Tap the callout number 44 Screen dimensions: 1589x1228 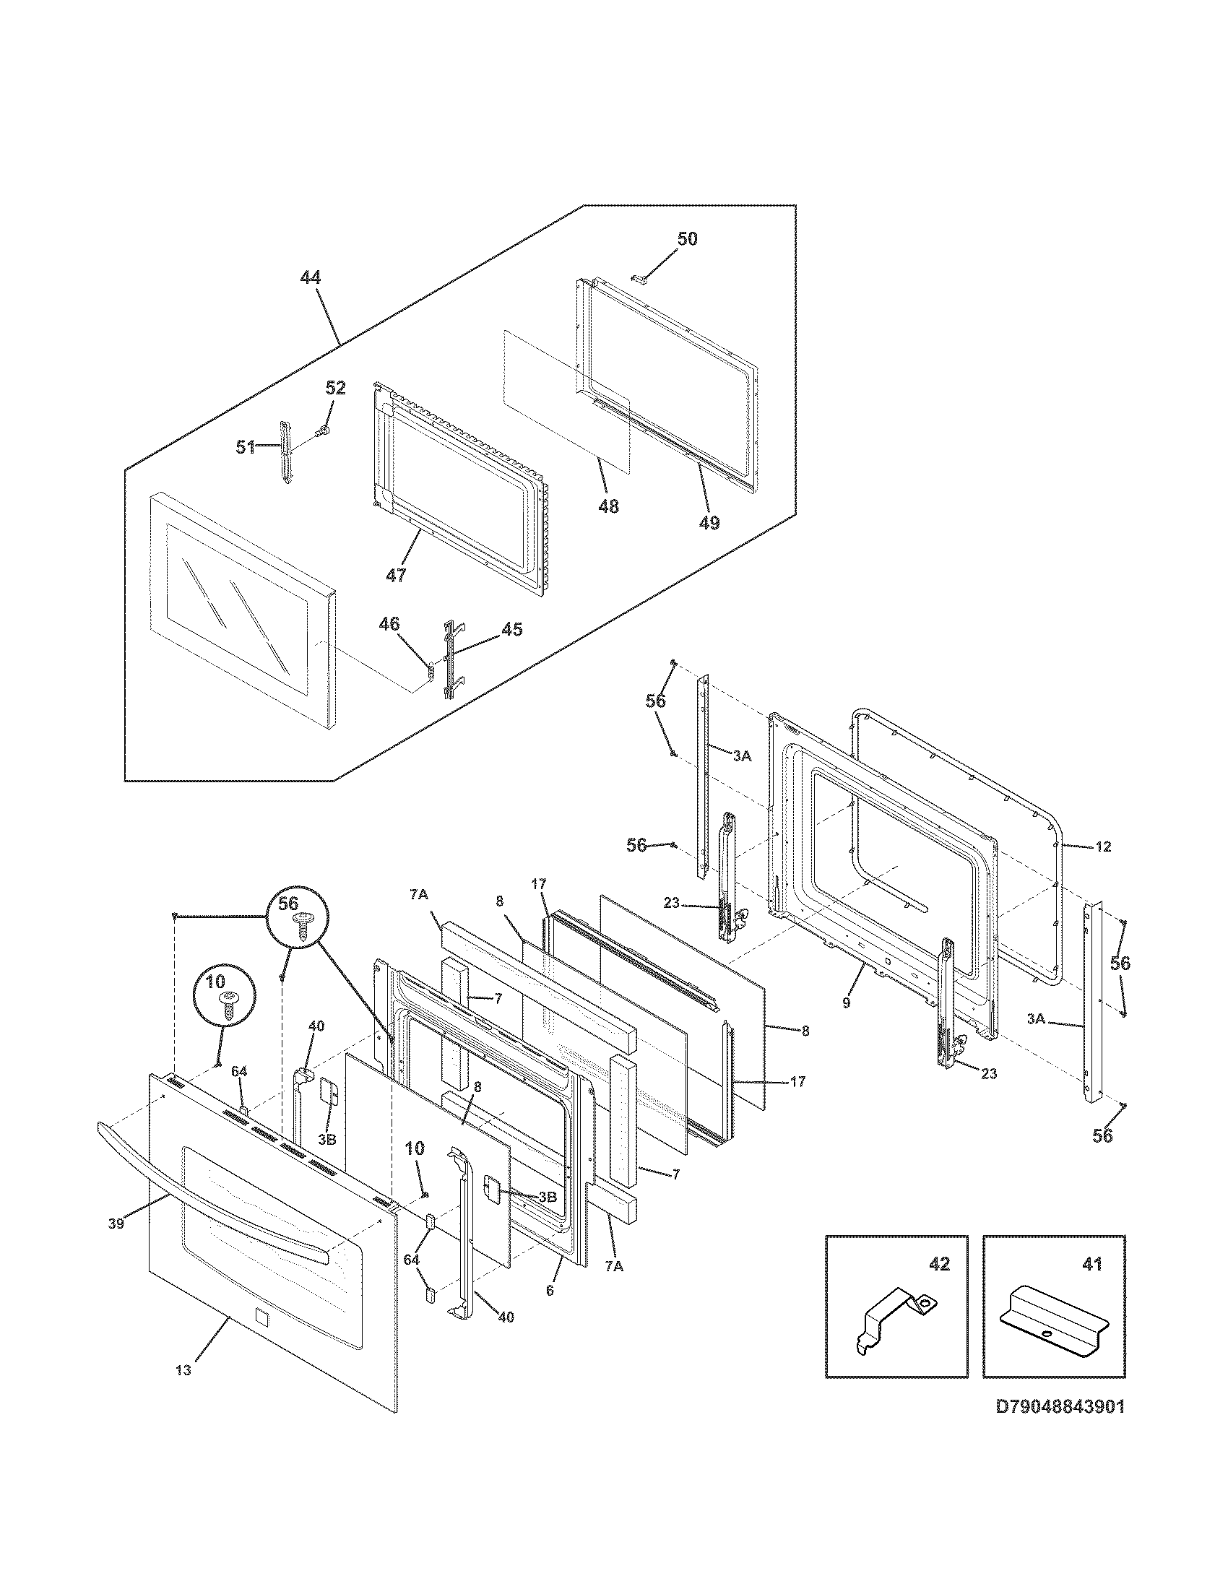tap(310, 277)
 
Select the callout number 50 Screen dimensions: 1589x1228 tap(687, 238)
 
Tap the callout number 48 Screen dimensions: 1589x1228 tap(608, 506)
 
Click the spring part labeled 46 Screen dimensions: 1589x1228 tap(430, 670)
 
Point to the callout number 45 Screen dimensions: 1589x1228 tap(512, 629)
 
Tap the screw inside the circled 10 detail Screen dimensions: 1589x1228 tap(228, 1011)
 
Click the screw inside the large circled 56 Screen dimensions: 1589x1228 tap(300, 927)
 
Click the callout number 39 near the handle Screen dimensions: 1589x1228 tap(116, 1223)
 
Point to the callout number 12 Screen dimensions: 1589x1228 tap(1103, 847)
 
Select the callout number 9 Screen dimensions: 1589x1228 tap(846, 1003)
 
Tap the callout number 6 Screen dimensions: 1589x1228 tap(550, 1290)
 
